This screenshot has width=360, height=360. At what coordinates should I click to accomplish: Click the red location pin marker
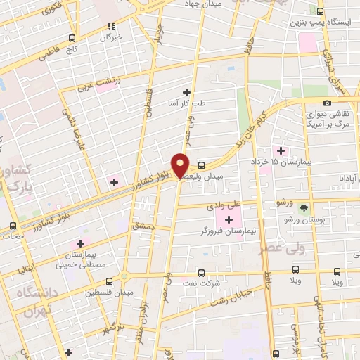pyautogui.click(x=181, y=165)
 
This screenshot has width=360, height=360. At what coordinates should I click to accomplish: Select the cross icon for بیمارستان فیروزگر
pyautogui.click(x=229, y=220)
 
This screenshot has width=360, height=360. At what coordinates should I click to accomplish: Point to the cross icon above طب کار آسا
pyautogui.click(x=186, y=92)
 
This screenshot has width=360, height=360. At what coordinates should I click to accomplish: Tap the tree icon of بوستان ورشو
pyautogui.click(x=304, y=208)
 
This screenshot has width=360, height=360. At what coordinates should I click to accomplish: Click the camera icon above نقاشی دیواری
pyautogui.click(x=327, y=104)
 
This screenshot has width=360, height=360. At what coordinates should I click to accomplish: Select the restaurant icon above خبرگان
pyautogui.click(x=110, y=27)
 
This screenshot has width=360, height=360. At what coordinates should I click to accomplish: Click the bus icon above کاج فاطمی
pyautogui.click(x=71, y=39)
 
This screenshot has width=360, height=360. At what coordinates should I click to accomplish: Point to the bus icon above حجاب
pyautogui.click(x=12, y=226)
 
